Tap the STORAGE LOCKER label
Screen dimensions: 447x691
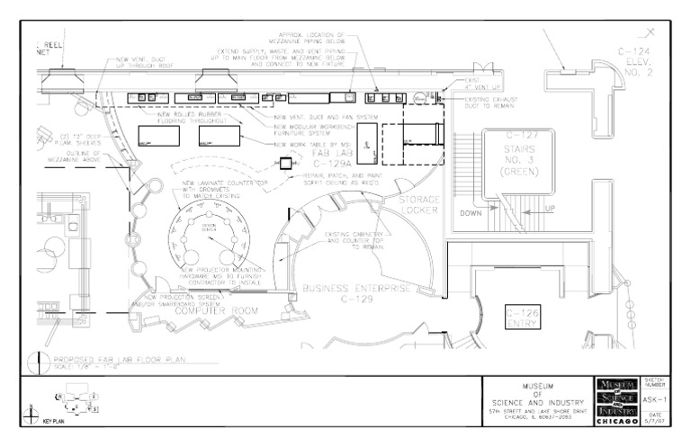point(418,205)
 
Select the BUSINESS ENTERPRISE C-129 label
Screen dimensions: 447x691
point(356,294)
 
